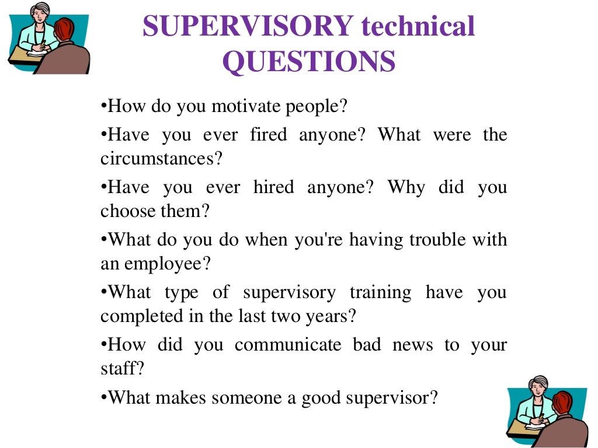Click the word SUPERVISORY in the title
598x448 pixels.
(x=248, y=27)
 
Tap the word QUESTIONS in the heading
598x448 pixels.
(x=309, y=62)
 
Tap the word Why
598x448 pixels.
(x=403, y=188)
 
